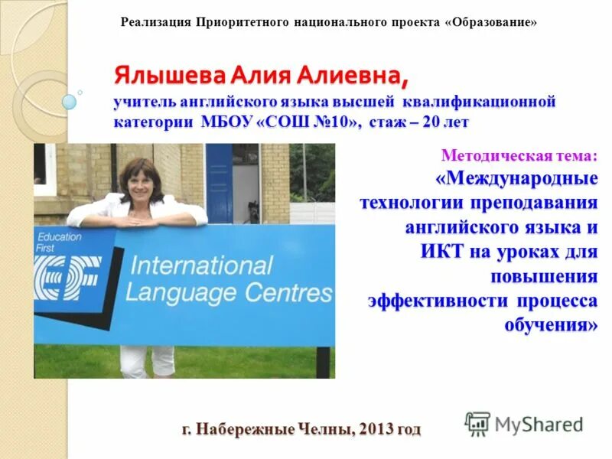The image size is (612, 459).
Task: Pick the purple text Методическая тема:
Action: (520, 156)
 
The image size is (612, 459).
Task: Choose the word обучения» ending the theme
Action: (551, 324)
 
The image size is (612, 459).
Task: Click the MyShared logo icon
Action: (477, 424)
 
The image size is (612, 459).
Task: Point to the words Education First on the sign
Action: (59, 243)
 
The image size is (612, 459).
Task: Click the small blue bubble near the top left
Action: (70, 102)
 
